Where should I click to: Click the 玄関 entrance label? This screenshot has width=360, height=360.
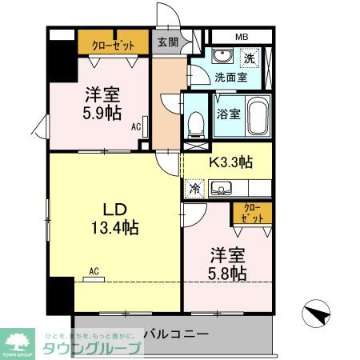coord(166,42)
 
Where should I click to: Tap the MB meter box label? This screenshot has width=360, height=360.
coord(242,37)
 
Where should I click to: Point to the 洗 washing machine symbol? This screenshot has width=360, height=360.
coord(250,58)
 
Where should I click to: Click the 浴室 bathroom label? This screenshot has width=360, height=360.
coord(227,114)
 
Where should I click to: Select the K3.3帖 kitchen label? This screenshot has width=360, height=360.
coord(231,162)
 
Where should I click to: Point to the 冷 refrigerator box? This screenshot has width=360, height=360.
coord(194,189)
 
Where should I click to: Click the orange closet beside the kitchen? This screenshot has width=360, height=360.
coord(252,213)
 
